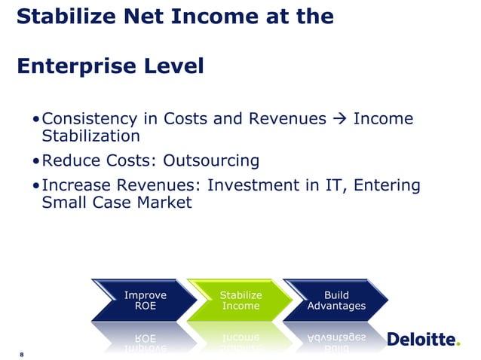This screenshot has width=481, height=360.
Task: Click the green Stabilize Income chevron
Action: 240,301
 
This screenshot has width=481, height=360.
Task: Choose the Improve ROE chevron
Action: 145,301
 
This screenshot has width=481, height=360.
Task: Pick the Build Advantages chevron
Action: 335,301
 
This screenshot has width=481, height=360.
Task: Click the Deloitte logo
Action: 422,340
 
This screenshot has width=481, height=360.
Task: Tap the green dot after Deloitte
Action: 457,344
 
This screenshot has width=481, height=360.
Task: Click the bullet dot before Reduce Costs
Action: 36,161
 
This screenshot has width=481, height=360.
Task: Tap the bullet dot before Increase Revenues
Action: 36,186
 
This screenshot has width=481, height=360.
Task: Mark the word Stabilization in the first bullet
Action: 90,136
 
